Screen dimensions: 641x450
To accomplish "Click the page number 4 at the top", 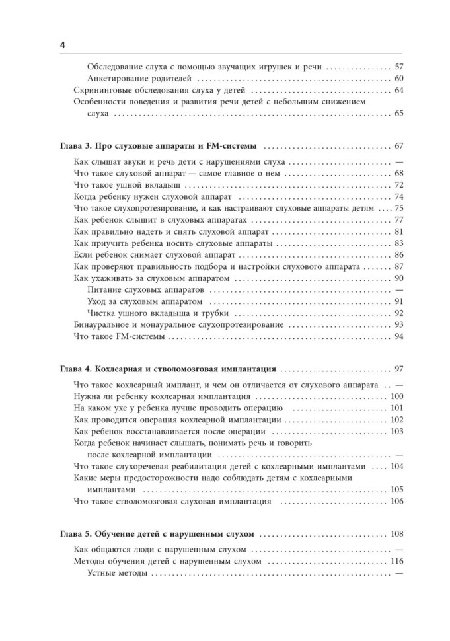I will tap(61, 44).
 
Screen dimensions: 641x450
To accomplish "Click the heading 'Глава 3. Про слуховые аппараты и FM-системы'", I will tap(163, 146).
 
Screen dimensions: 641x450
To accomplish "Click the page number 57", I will tap(398, 67).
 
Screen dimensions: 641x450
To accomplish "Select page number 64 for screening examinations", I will tap(398, 91).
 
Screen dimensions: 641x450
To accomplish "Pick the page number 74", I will tap(398, 197).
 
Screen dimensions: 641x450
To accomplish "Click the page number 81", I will tap(398, 232).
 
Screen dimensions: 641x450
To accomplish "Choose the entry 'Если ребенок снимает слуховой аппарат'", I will tap(153, 255).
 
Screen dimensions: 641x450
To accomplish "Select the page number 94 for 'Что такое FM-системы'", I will tap(398, 337).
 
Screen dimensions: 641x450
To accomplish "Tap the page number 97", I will tap(398, 368).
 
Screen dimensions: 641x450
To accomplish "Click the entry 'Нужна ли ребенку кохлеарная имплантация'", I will tap(160, 396).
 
